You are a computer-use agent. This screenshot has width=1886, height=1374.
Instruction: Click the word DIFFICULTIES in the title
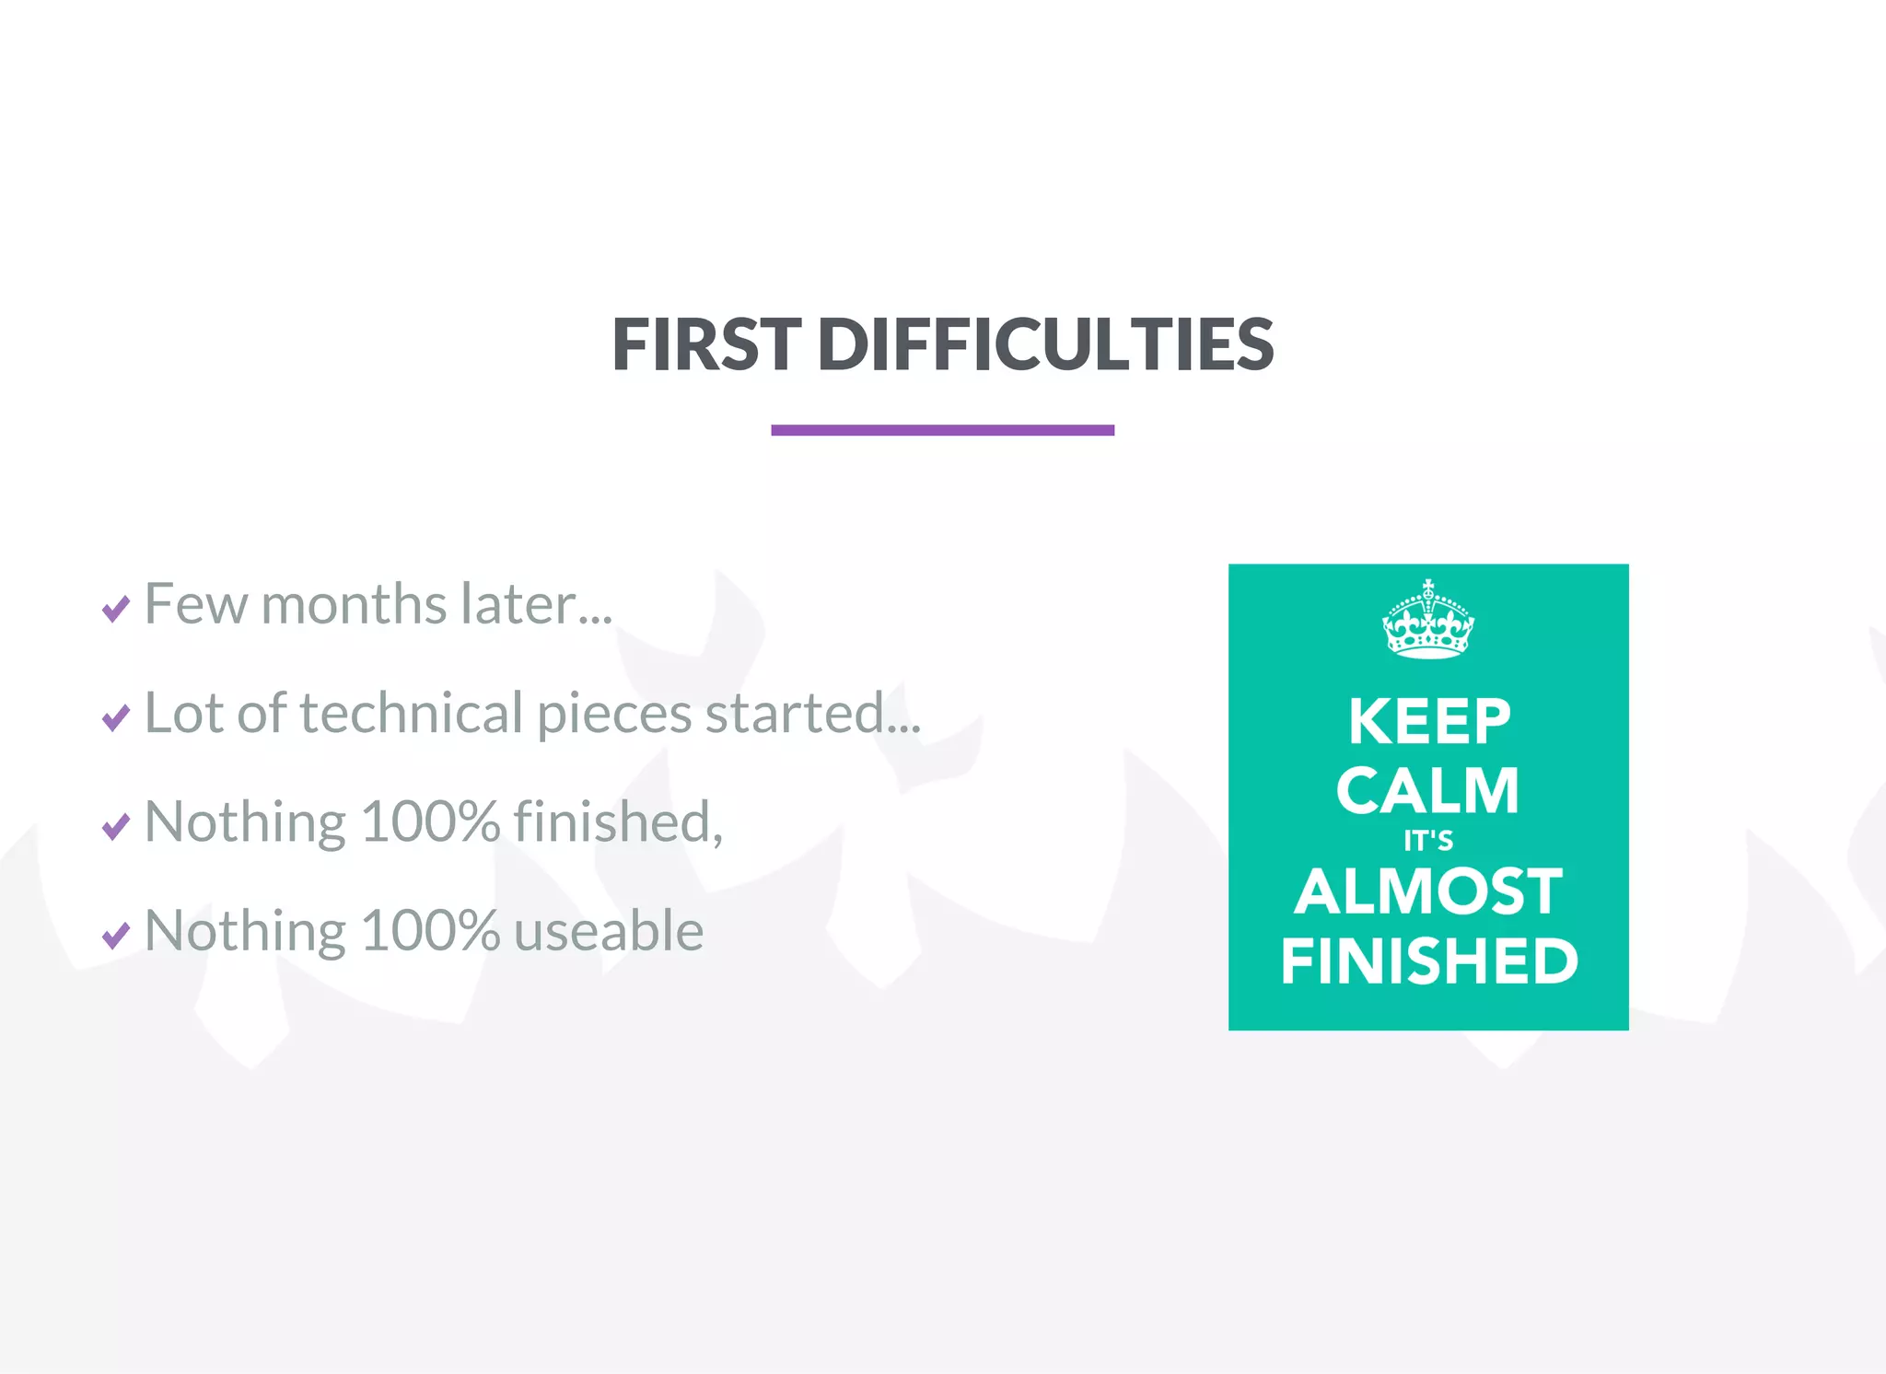coord(1045,345)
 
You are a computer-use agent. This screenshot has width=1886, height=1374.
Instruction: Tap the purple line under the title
coord(942,430)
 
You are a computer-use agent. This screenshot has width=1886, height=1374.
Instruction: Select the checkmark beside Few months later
coord(116,609)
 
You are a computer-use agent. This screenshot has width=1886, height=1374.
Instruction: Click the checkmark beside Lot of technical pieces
coord(116,717)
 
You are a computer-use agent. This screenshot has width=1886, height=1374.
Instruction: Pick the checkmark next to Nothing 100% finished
coord(116,826)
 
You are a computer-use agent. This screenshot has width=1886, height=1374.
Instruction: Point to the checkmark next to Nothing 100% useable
coord(116,936)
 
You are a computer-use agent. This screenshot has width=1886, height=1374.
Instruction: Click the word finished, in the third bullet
coord(618,822)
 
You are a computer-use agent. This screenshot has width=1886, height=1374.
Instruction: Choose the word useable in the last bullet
coord(609,931)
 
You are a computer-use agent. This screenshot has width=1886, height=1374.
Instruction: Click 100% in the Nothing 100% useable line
coord(430,931)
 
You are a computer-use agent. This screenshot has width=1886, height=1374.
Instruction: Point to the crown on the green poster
coord(1427,621)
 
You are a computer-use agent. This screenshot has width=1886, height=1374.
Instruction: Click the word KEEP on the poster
coord(1429,721)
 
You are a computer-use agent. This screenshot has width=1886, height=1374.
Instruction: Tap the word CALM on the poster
coord(1427,791)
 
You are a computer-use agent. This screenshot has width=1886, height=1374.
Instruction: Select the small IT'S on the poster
coord(1428,841)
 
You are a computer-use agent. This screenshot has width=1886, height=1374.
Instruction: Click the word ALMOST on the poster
coord(1428,891)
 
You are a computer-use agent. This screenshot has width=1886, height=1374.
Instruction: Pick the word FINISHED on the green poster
coord(1429,961)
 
